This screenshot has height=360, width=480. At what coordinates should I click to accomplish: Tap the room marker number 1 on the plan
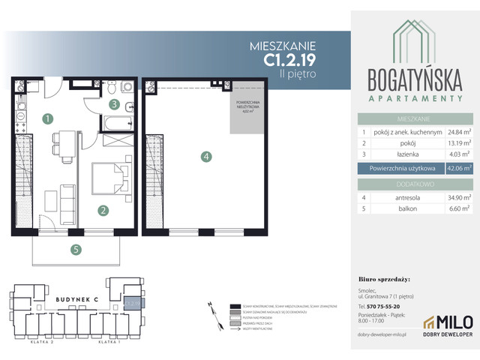tap(47, 118)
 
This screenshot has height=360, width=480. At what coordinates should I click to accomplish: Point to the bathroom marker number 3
tap(114, 105)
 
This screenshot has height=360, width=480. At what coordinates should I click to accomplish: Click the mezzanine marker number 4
tap(206, 157)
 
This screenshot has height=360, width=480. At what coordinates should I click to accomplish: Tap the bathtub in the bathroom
tap(118, 122)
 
